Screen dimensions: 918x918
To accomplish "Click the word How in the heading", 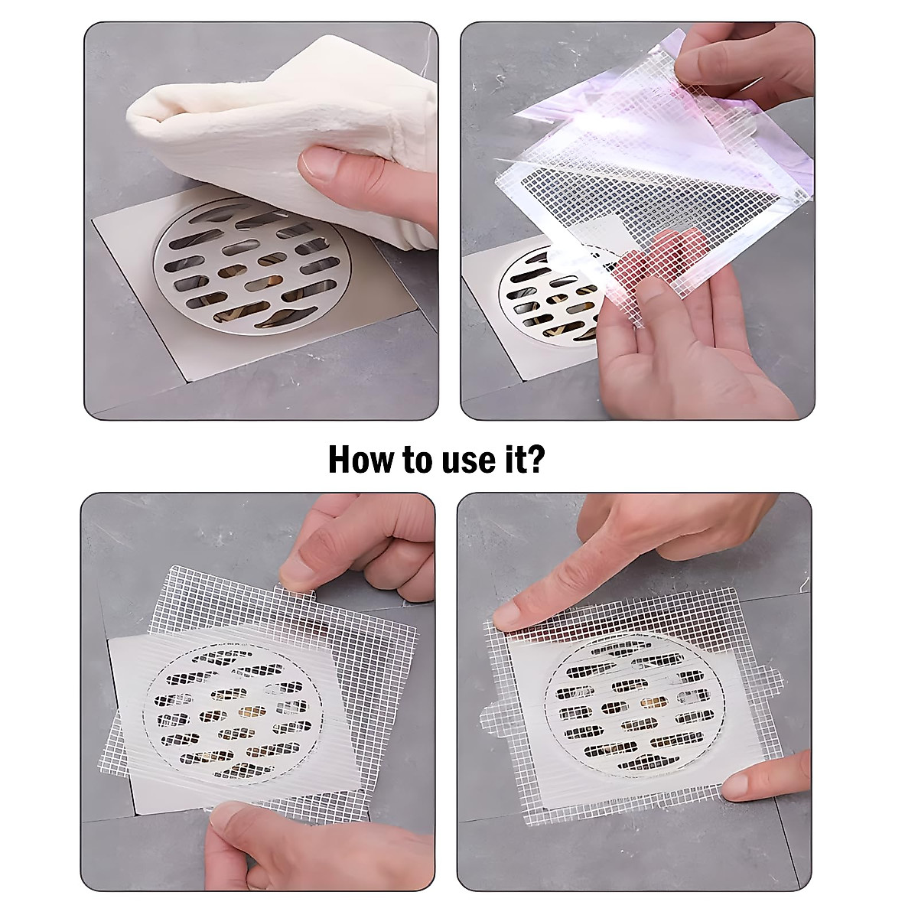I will point(358,460).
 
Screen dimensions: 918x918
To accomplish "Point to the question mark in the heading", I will point(535,460).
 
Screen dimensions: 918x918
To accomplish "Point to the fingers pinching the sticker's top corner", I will point(734,65).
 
